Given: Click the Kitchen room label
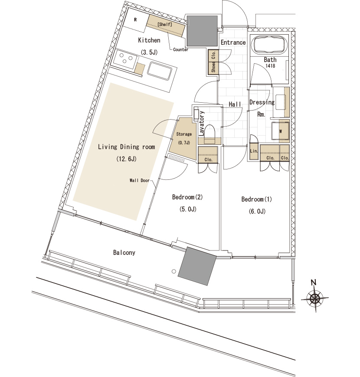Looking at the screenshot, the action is click(149, 40).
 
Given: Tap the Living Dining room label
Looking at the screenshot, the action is click(126, 147).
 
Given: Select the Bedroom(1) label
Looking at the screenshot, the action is click(256, 199).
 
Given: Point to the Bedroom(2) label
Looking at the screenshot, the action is click(187, 197).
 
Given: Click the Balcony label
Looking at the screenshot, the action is click(124, 253).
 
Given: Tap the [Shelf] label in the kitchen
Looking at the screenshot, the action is click(165, 24).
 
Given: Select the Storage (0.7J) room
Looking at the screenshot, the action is click(184, 138).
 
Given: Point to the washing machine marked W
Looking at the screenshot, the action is click(280, 131).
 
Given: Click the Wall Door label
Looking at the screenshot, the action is click(140, 181).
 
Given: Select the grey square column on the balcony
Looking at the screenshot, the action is click(197, 266).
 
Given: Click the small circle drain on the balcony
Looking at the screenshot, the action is click(174, 271).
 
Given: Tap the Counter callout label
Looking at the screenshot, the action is click(181, 49).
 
